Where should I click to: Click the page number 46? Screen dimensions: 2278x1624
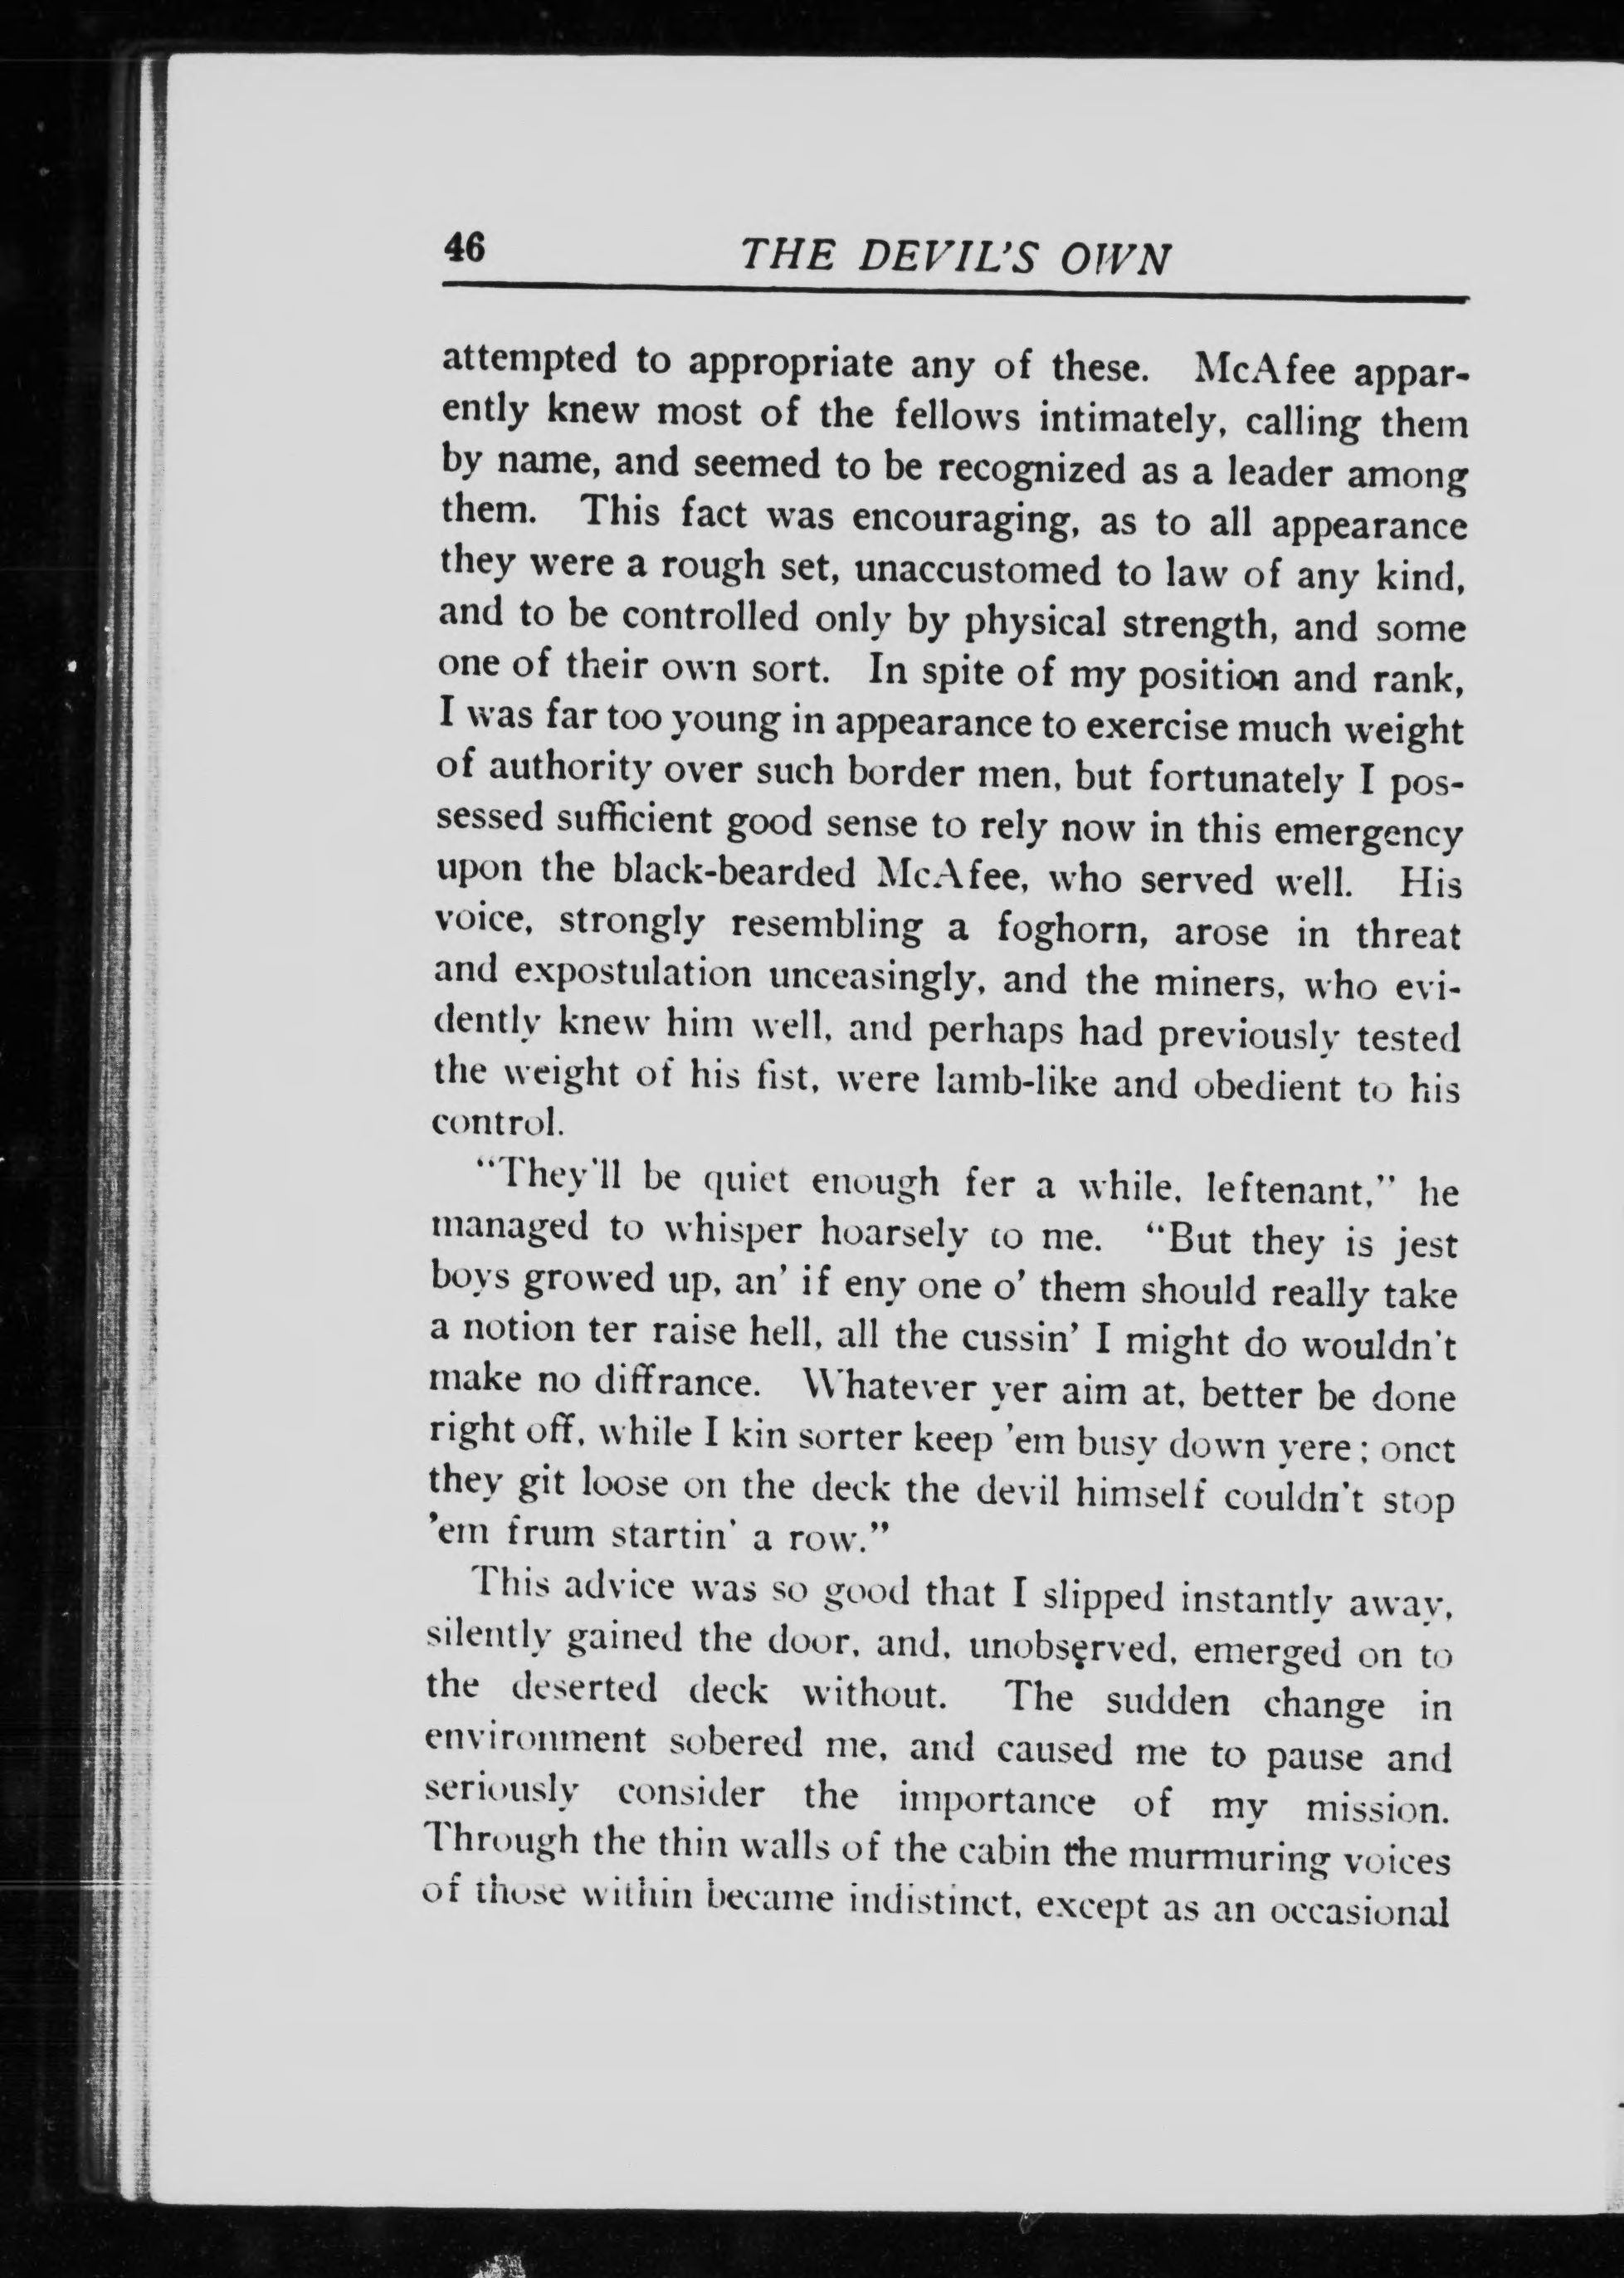[463, 246]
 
